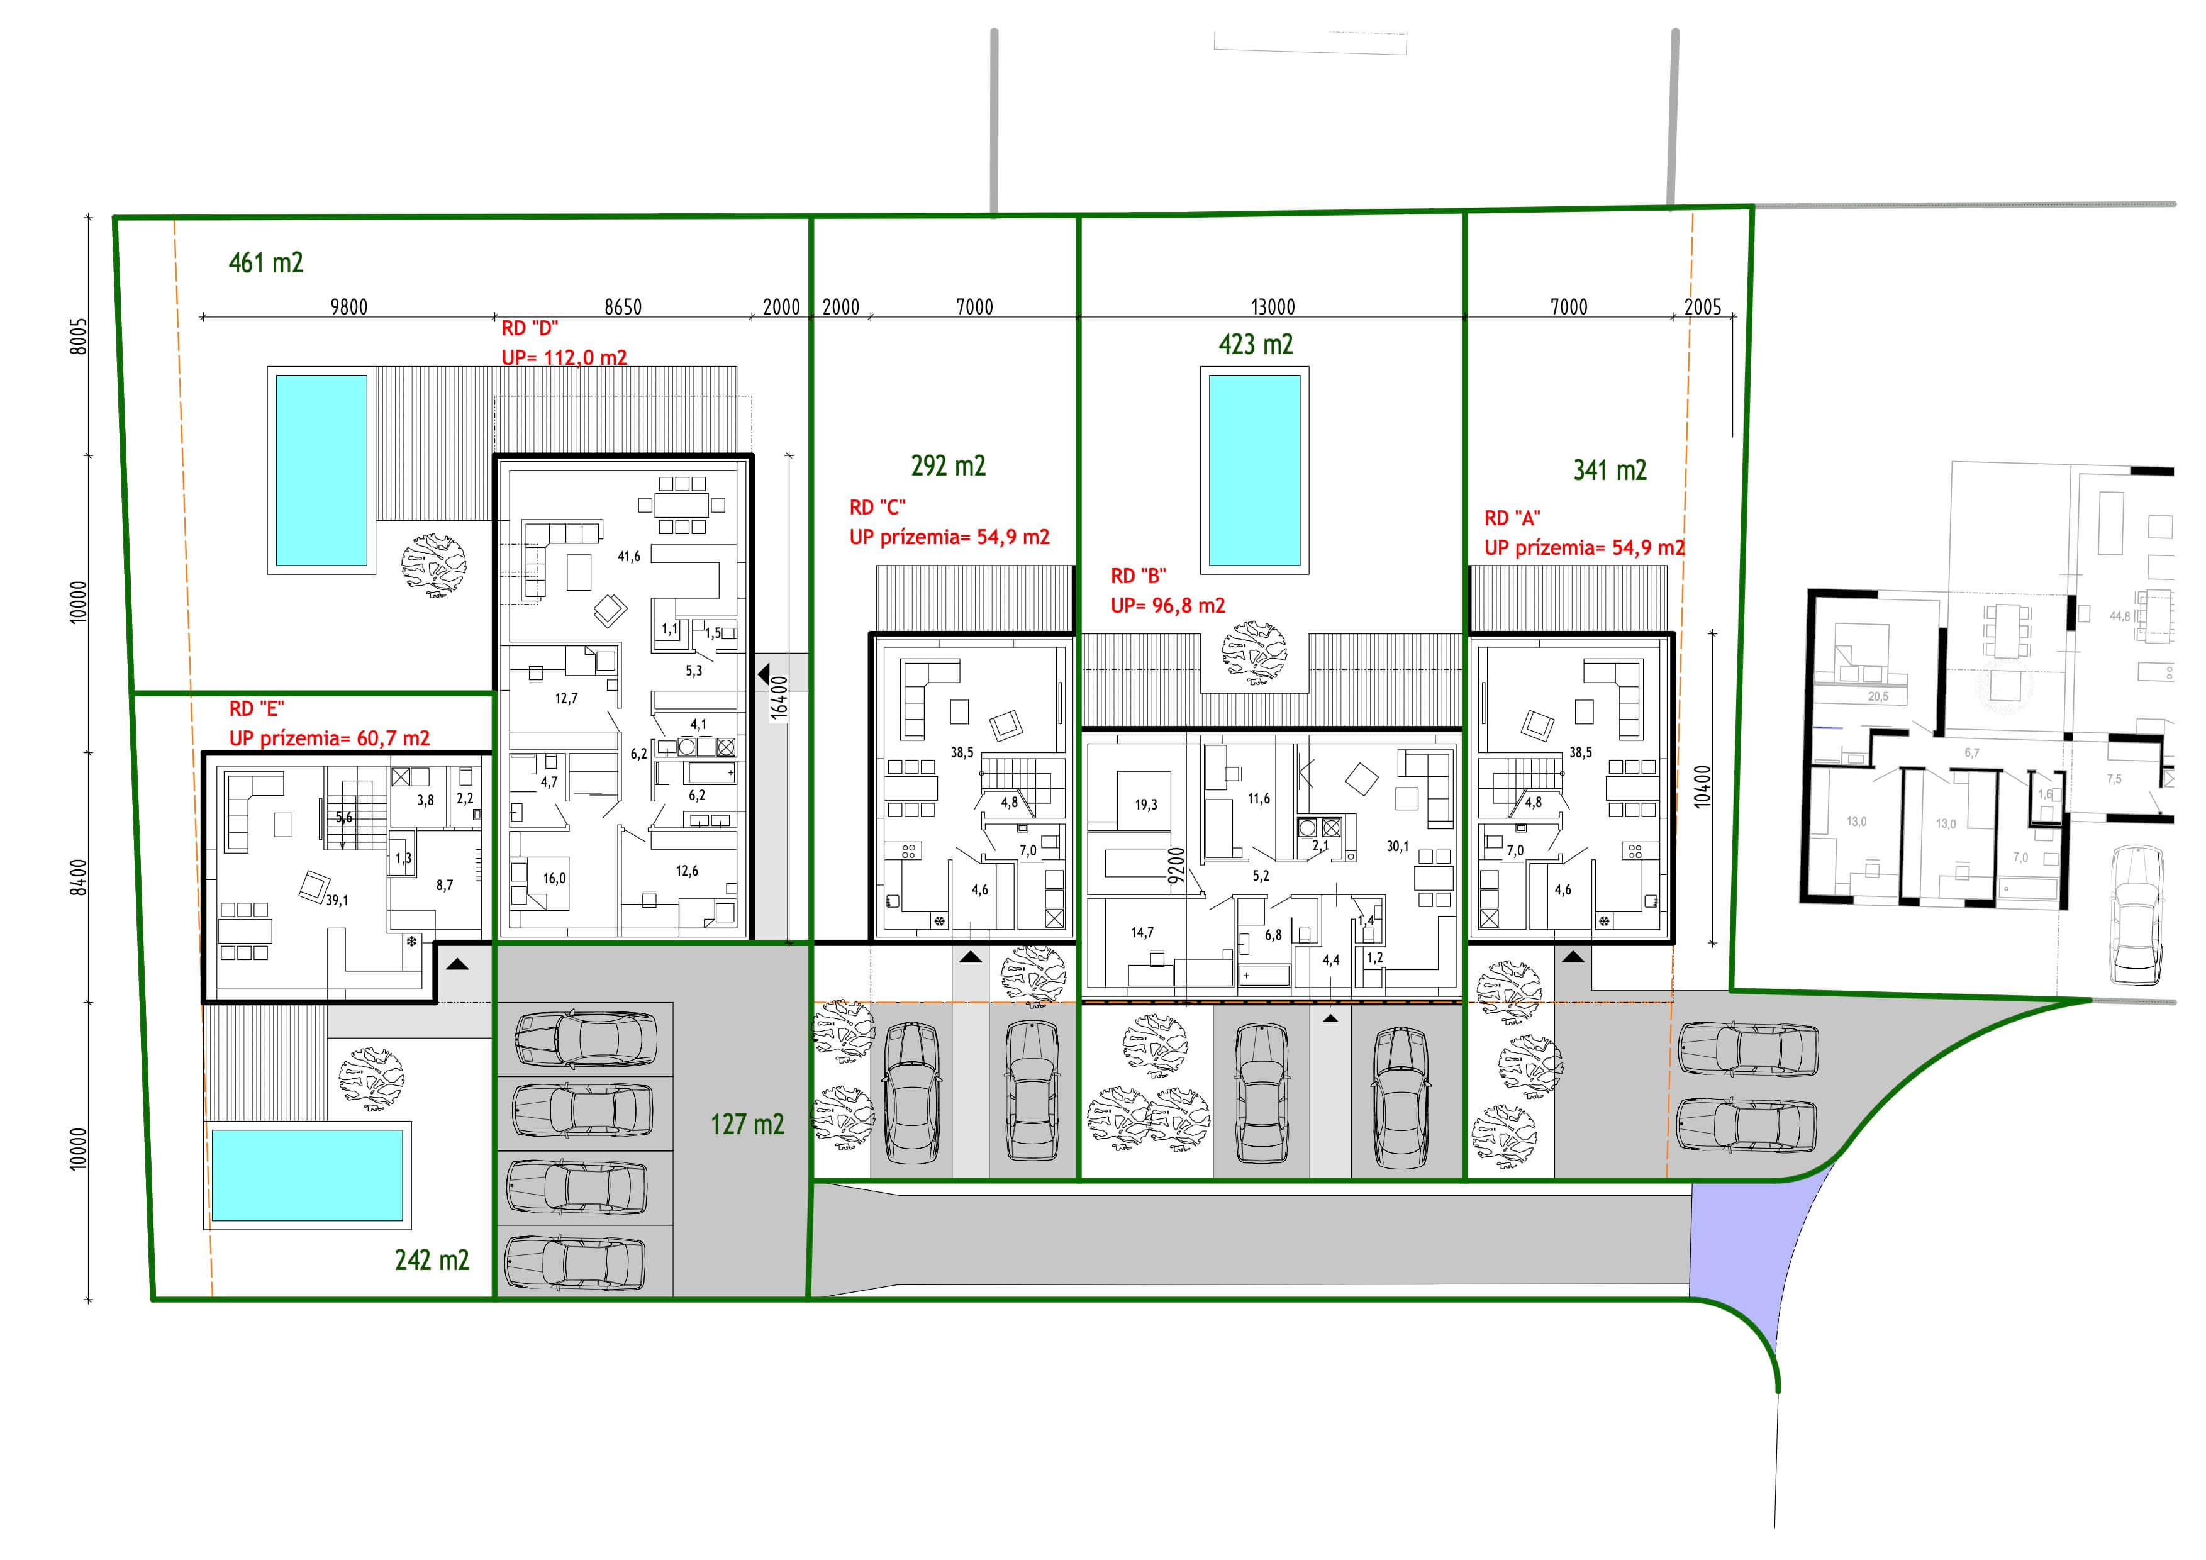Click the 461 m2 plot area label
point(266,262)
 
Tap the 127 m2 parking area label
point(747,1124)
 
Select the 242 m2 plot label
point(432,1259)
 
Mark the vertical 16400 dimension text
point(779,698)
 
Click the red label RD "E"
point(257,709)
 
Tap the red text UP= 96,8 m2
point(1168,605)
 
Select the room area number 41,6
point(629,556)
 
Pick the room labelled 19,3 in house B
point(1146,805)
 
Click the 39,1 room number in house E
point(337,900)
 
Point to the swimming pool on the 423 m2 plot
point(1255,470)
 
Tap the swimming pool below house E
point(308,1175)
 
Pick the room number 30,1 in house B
point(1398,846)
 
